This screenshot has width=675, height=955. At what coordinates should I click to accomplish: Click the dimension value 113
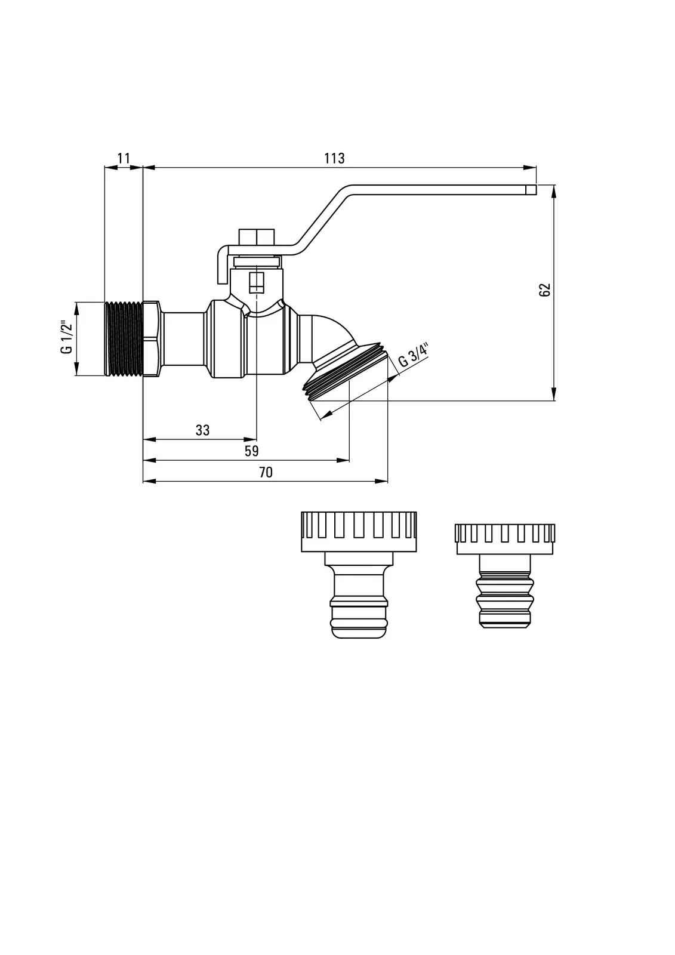coord(334,158)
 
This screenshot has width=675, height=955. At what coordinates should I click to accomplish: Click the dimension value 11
coord(124,158)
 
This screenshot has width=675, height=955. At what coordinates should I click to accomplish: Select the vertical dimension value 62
coord(544,289)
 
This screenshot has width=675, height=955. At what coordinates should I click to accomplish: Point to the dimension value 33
coord(202,430)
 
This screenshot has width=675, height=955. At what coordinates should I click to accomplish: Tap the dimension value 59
coord(251,451)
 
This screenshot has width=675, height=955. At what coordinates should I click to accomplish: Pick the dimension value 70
coord(266,472)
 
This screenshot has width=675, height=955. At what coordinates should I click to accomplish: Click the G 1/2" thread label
coord(66,338)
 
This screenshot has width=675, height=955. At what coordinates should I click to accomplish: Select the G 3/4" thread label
coord(414,355)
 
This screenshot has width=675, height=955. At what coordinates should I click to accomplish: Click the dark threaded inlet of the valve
coord(124,339)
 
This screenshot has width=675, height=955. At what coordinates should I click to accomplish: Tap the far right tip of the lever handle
coord(531,190)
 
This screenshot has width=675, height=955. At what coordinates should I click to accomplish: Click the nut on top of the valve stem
coord(256,236)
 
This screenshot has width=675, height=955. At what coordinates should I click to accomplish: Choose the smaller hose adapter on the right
coord(505,573)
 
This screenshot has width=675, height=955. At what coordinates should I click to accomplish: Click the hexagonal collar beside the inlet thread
coord(152,339)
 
